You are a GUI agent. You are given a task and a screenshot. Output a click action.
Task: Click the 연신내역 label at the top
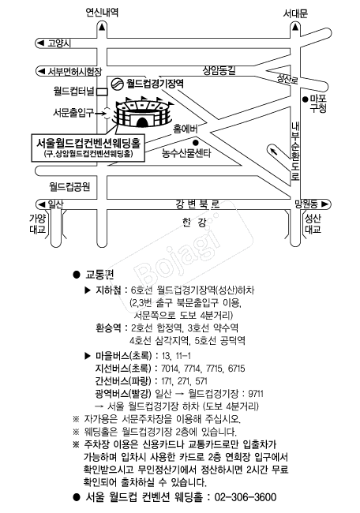pyautogui.click(x=102, y=13)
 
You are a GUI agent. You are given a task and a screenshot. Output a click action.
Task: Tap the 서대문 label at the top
pyautogui.click(x=295, y=13)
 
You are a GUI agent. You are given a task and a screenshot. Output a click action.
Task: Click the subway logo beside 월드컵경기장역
pyautogui.click(x=116, y=84)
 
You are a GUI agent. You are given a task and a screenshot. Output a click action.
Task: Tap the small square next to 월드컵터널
pyautogui.click(x=103, y=92)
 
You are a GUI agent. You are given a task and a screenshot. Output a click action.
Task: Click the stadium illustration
pyautogui.click(x=143, y=112)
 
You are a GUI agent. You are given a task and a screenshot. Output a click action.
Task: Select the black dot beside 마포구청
pyautogui.click(x=306, y=99)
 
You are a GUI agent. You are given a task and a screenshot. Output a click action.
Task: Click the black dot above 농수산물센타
pyautogui.click(x=196, y=142)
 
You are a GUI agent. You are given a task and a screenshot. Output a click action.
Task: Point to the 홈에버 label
pyautogui.click(x=186, y=129)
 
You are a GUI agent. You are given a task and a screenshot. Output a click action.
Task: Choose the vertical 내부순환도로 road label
pyautogui.click(x=295, y=151)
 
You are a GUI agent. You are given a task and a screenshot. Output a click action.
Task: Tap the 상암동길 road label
pyautogui.click(x=219, y=70)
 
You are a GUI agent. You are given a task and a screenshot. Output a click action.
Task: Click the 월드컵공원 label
pyautogui.click(x=69, y=187)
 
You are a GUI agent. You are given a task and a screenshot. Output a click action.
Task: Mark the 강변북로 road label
pyautogui.click(x=197, y=204)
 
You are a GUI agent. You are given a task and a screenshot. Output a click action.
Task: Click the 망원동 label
pyautogui.click(x=306, y=204)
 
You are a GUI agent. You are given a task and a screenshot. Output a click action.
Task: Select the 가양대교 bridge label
pyautogui.click(x=38, y=224)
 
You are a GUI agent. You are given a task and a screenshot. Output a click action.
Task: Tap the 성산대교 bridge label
pyautogui.click(x=313, y=224)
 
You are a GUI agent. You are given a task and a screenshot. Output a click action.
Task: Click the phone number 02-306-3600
pyautogui.click(x=246, y=497)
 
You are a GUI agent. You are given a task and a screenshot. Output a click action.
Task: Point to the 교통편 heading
pyautogui.click(x=99, y=274)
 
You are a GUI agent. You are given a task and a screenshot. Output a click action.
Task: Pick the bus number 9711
pyautogui.click(x=256, y=394)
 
